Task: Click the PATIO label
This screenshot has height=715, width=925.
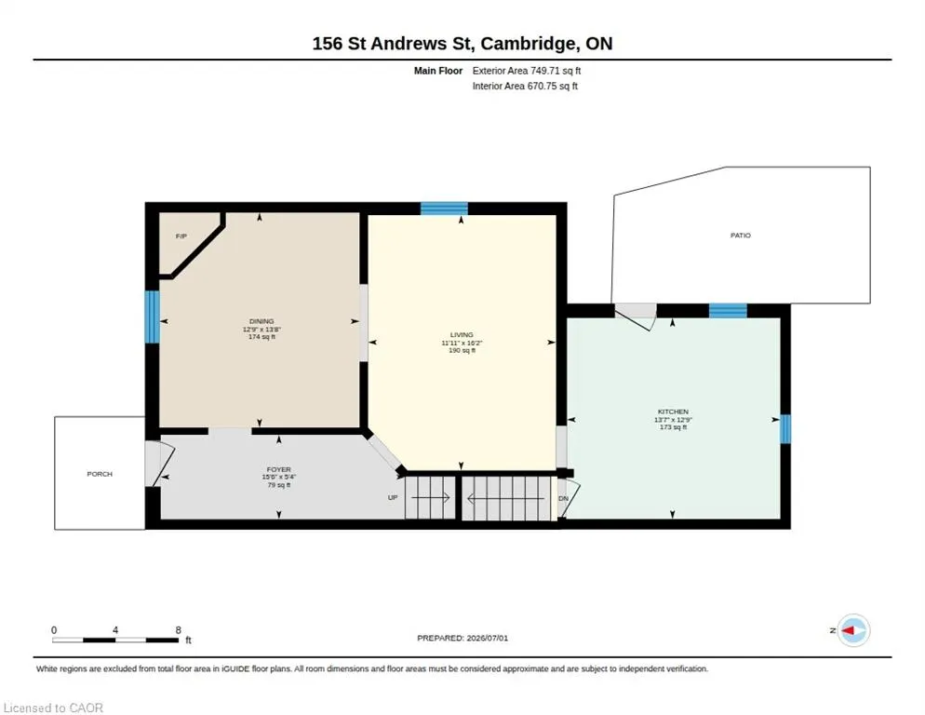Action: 741,235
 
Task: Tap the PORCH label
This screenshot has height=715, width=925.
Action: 99,474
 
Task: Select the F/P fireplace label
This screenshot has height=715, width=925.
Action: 181,236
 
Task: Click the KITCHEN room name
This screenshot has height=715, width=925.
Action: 673,411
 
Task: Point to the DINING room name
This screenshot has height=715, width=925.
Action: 261,322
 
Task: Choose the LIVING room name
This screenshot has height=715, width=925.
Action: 462,335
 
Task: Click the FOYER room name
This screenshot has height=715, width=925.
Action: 278,469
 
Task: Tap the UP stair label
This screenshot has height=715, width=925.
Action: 393,498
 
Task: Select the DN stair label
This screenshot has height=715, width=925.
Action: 563,498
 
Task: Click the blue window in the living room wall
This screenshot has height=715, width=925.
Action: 444,209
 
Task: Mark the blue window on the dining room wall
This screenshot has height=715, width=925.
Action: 153,317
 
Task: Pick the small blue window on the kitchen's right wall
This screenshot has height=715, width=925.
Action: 785,429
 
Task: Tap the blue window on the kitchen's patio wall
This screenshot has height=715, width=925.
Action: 728,311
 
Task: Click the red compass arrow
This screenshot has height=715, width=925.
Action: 848,630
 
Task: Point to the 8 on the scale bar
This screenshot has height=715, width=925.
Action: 178,630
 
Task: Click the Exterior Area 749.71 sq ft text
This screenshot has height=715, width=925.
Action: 526,71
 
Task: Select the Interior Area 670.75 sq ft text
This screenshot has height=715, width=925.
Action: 525,87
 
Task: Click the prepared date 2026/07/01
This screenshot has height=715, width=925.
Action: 488,639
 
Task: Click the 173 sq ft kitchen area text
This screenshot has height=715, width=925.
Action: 673,427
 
